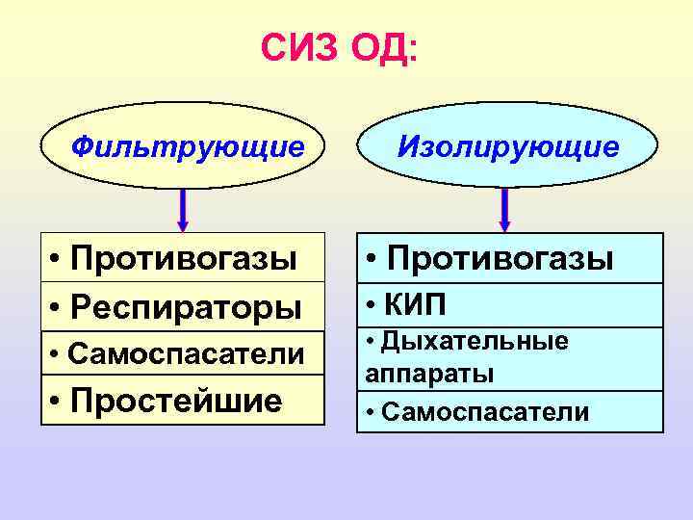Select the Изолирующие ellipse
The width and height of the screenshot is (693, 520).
(508, 147)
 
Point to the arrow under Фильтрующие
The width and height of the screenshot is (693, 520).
(184, 210)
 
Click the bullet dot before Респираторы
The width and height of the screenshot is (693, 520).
(58, 309)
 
